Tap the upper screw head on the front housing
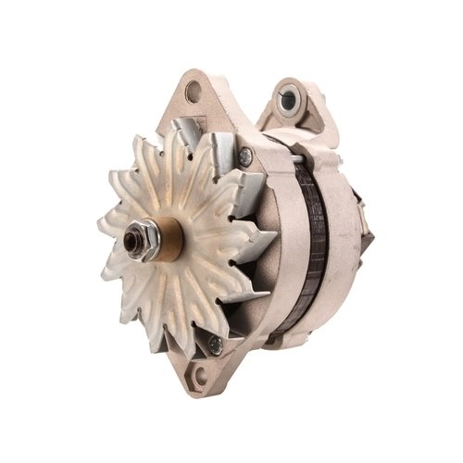click(244, 157)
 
